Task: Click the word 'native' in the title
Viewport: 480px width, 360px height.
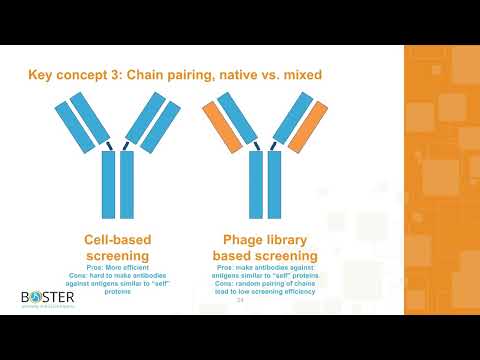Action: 258,74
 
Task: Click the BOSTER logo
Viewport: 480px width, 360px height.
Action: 47,298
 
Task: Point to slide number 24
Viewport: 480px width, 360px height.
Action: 239,299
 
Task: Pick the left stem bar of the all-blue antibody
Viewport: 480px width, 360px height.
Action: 109,185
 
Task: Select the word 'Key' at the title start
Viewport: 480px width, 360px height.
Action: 42,75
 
